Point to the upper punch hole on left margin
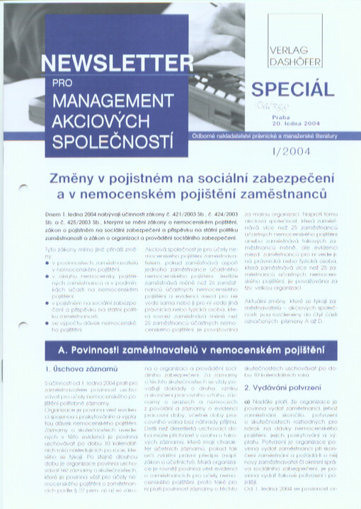click(x=22, y=188)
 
